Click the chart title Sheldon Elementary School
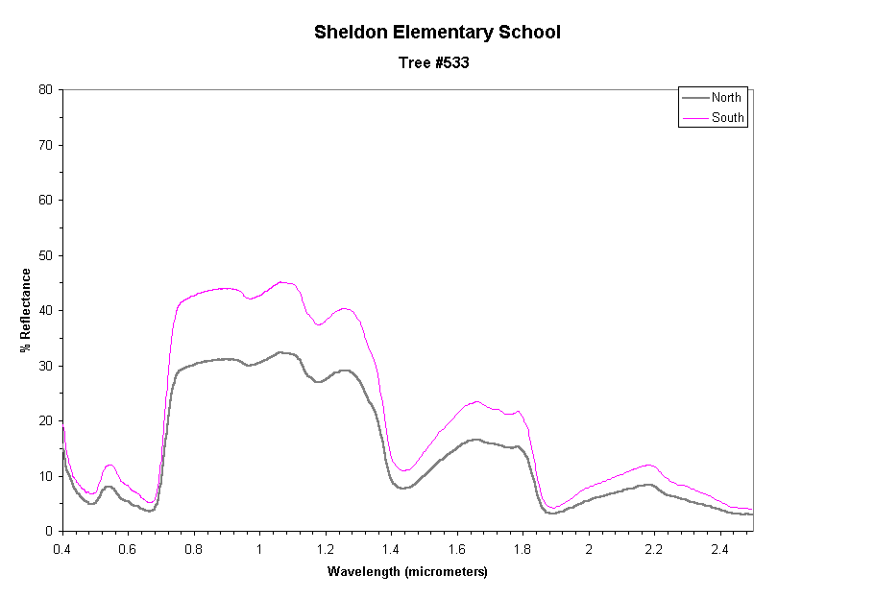click(437, 32)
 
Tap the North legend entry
click(726, 97)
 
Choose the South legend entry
click(727, 118)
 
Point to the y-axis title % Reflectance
click(26, 309)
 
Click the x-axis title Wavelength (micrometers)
click(407, 572)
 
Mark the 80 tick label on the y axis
click(45, 90)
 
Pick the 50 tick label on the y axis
click(45, 255)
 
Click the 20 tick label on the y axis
click(45, 420)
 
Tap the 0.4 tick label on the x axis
click(62, 549)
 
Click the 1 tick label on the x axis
click(259, 549)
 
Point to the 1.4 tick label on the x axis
click(391, 549)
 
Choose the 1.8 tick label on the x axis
click(523, 549)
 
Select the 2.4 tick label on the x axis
click(719, 549)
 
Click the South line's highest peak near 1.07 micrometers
click(281, 282)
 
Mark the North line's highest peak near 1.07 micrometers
click(280, 352)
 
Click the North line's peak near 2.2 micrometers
click(650, 485)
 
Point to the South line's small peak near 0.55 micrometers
click(110, 465)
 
